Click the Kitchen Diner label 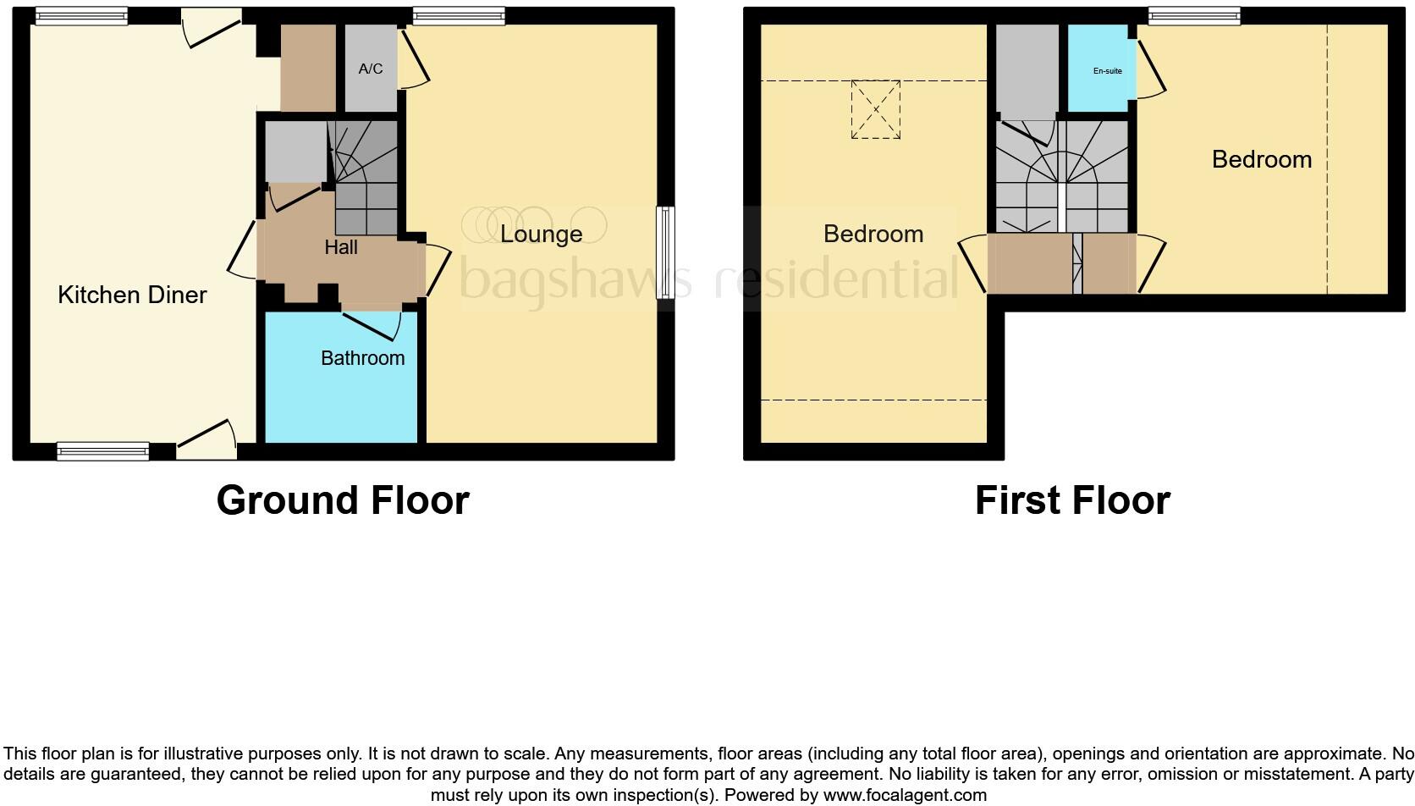coord(132,295)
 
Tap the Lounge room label coord(541,234)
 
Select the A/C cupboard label coord(371,69)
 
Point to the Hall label coord(341,247)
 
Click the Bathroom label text coord(362,358)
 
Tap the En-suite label coord(1107,71)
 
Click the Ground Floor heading coord(343,500)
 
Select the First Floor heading coord(1072,500)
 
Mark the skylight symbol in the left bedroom coord(875,109)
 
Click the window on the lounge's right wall coord(666,253)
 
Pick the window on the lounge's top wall coord(459,15)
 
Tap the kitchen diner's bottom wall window coord(102,451)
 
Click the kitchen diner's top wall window coord(81,15)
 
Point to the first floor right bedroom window coord(1194,15)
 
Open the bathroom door coord(372,324)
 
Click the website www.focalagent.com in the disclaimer coord(905,795)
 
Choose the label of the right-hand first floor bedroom coord(1261,159)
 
